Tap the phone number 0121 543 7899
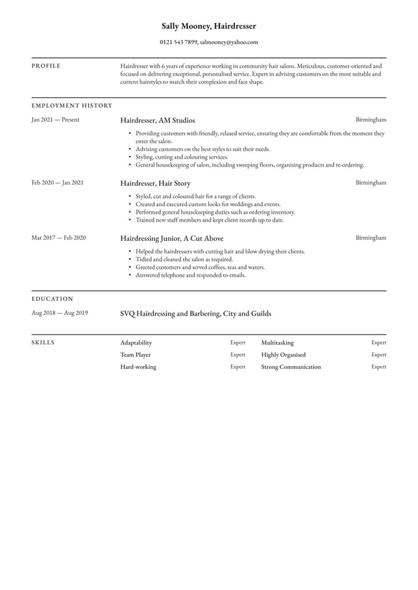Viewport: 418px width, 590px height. click(x=179, y=43)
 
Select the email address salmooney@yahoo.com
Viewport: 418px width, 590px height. click(x=228, y=43)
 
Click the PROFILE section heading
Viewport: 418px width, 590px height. click(x=46, y=66)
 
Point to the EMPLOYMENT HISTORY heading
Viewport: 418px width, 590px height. click(x=72, y=105)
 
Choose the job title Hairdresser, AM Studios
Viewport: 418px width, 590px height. click(x=157, y=120)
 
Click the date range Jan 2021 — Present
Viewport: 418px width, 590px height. click(x=55, y=120)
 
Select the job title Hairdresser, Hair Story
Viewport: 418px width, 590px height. click(x=155, y=183)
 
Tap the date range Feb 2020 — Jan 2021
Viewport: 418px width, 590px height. click(x=57, y=182)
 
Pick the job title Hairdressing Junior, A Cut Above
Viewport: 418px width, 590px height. click(x=172, y=238)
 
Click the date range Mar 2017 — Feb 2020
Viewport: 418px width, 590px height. click(x=58, y=237)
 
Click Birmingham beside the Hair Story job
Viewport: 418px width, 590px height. click(x=371, y=182)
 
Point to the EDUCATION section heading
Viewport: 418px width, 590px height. click(x=52, y=298)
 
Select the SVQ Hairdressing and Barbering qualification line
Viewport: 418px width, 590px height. click(x=195, y=313)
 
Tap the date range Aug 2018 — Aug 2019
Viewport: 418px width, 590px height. click(x=59, y=313)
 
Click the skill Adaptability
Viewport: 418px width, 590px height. click(x=136, y=343)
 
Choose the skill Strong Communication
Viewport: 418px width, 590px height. click(x=291, y=367)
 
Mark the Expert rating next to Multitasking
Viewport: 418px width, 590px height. click(x=379, y=343)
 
